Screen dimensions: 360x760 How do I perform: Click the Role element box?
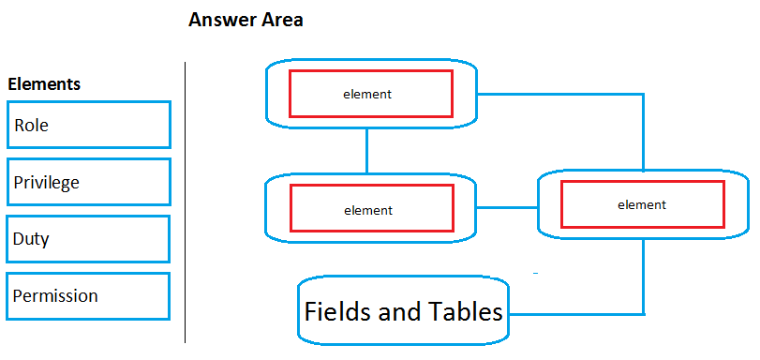tap(88, 125)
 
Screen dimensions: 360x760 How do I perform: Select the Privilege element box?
tap(88, 182)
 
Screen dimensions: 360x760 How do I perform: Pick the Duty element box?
tap(88, 239)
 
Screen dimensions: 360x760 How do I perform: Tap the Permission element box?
tap(88, 296)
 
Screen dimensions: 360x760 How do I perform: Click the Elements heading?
tap(44, 84)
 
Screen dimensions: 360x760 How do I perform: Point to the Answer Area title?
tap(246, 20)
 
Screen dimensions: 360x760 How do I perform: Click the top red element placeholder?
tap(371, 94)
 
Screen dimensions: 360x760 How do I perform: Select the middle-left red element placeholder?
tap(371, 210)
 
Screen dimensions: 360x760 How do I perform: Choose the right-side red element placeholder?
tap(642, 204)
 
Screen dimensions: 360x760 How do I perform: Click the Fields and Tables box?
tap(403, 311)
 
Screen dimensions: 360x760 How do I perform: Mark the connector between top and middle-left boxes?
tap(366, 150)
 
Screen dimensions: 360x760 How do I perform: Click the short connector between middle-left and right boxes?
tap(507, 208)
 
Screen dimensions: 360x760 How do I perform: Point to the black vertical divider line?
tap(186, 202)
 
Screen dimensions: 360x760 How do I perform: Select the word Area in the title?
tap(279, 20)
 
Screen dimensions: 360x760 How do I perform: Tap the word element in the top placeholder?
tap(366, 94)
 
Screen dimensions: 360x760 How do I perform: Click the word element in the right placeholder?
tap(642, 204)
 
